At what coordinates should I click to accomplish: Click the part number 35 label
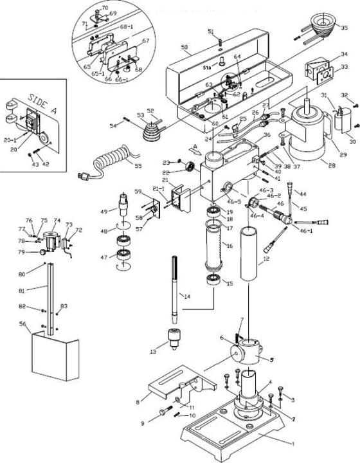(345, 28)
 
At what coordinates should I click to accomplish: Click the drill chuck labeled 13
(172, 336)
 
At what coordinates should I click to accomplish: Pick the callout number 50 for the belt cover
(184, 48)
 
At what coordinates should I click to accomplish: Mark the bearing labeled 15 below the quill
(212, 280)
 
